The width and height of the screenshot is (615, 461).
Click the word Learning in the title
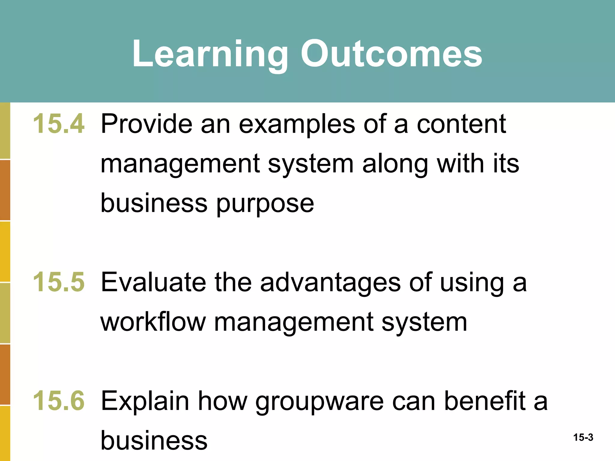(x=210, y=54)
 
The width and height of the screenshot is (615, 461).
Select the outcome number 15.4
(x=59, y=124)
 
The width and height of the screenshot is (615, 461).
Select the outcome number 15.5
(x=59, y=282)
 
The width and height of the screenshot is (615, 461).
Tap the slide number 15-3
(x=583, y=438)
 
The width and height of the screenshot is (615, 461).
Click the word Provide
(x=147, y=124)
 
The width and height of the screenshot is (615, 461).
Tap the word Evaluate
(x=153, y=282)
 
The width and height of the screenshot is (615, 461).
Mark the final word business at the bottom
(x=154, y=440)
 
